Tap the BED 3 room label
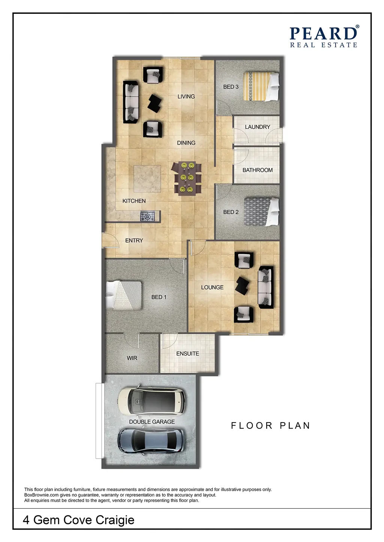tap(231, 86)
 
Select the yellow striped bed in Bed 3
tap(261, 86)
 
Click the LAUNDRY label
tap(258, 127)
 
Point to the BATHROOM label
tap(258, 170)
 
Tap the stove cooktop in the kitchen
tap(147, 216)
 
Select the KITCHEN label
tap(134, 201)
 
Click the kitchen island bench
tap(147, 179)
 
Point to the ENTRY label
tap(134, 241)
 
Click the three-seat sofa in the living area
tap(131, 102)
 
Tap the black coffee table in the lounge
tap(242, 286)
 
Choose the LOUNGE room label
tap(212, 287)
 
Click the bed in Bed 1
tap(124, 295)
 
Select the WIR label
tap(132, 358)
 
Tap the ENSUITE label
tap(187, 353)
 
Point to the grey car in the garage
tap(151, 441)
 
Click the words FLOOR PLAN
tap(270, 426)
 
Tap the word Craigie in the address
tap(115, 520)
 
